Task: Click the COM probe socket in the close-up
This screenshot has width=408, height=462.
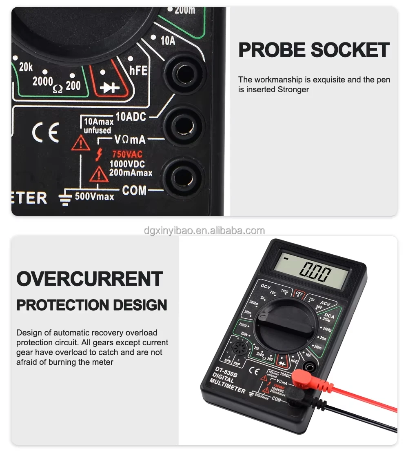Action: [x=182, y=177]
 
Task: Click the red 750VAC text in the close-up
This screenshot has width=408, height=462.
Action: [x=127, y=155]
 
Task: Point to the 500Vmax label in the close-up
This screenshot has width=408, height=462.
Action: [x=94, y=196]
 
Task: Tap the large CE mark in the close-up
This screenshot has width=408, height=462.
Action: [x=45, y=132]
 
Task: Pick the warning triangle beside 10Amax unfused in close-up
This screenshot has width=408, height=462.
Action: [x=80, y=142]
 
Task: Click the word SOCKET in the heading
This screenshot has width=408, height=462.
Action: [x=350, y=50]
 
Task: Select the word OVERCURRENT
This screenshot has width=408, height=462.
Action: [x=89, y=279]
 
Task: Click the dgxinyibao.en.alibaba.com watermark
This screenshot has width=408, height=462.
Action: [x=204, y=231]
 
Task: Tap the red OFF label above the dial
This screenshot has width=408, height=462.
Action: [x=299, y=293]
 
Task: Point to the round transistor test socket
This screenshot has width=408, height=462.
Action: [x=237, y=349]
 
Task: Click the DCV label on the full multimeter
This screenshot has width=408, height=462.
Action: [x=266, y=287]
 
